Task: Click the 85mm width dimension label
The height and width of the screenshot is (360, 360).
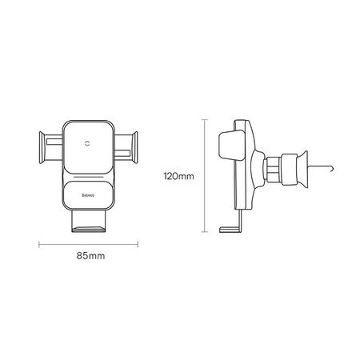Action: pyautogui.click(x=90, y=256)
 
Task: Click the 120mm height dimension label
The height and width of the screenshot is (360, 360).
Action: pyautogui.click(x=178, y=176)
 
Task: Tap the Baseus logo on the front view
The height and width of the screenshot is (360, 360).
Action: pyautogui.click(x=88, y=195)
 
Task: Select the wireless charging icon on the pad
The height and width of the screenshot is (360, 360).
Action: pyautogui.click(x=87, y=143)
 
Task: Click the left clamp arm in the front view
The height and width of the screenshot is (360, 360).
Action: pyautogui.click(x=50, y=147)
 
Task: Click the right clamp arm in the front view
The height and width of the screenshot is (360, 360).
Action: pyautogui.click(x=126, y=147)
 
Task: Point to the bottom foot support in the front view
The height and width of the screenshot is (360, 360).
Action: pyautogui.click(x=89, y=221)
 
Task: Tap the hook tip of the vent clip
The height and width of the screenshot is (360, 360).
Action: pyautogui.click(x=332, y=169)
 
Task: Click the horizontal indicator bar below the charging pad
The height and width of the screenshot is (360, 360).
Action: pyautogui.click(x=89, y=177)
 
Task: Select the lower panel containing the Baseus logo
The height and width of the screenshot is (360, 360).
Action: pyautogui.click(x=89, y=195)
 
